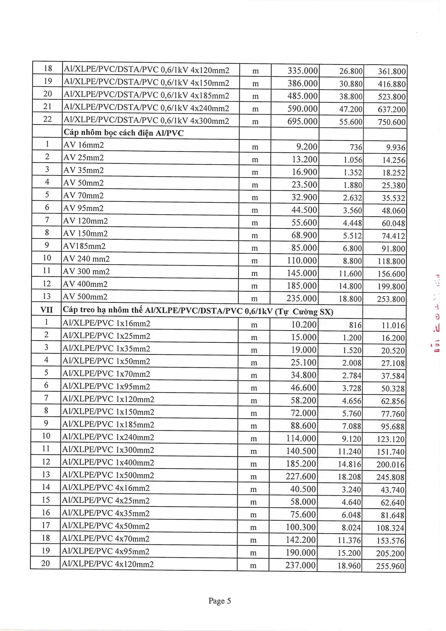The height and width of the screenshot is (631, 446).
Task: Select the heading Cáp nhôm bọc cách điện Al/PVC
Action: click(124, 133)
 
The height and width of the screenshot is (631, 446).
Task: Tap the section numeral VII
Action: click(46, 310)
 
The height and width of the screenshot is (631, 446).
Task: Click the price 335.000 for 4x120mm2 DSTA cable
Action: click(302, 71)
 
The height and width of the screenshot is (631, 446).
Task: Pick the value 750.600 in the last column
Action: click(391, 122)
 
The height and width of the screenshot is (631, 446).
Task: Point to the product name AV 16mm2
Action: click(84, 145)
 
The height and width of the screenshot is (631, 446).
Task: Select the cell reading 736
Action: click(356, 147)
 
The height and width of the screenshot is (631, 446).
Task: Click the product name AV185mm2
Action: click(84, 246)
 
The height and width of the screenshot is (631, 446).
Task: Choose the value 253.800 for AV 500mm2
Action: click(391, 299)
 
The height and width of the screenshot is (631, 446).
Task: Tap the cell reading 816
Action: click(355, 325)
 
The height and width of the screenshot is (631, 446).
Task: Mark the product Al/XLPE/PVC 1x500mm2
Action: click(108, 475)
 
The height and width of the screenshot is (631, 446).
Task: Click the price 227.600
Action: click(301, 476)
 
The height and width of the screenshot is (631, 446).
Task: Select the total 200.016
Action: click(390, 464)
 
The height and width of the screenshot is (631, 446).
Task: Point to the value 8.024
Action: click(351, 528)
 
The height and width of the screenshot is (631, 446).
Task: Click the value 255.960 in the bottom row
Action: click(390, 566)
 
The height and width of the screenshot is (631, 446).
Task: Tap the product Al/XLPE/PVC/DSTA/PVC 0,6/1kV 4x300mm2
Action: click(146, 121)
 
